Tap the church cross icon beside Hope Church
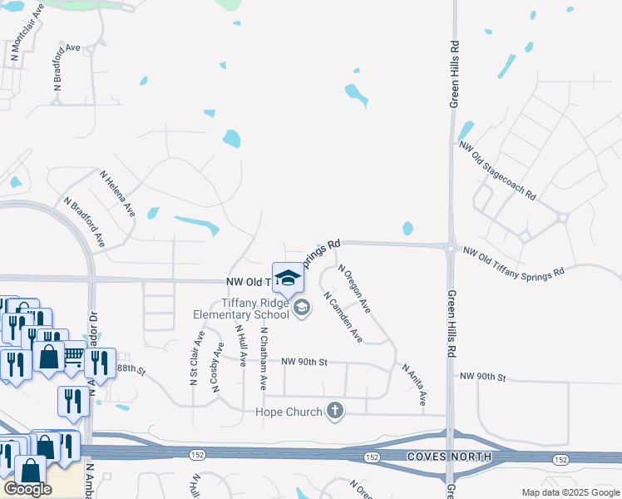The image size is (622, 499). click(335, 410)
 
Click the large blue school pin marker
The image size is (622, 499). click(288, 279)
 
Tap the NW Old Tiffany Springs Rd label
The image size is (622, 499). click(513, 261)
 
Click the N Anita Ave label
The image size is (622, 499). click(414, 384)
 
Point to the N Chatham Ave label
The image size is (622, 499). click(264, 358)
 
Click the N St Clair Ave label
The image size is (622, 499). click(195, 358)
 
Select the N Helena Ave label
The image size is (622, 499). click(117, 195)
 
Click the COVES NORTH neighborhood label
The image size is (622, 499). click(450, 458)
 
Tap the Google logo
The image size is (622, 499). click(27, 488)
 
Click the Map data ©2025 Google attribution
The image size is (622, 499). click(570, 492)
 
